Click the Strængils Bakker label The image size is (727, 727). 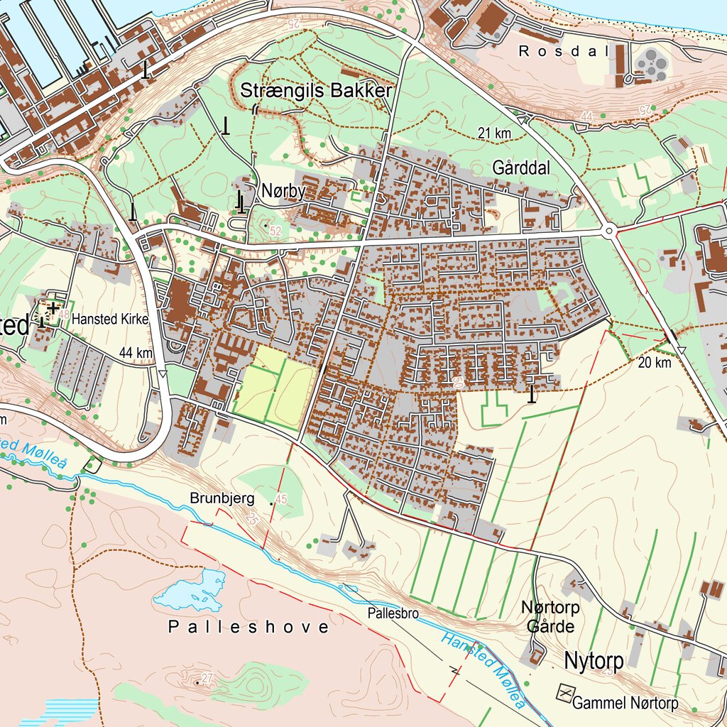(316, 91)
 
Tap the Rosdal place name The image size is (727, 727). (564, 51)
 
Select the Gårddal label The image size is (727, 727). (522, 168)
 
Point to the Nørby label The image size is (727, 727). (283, 191)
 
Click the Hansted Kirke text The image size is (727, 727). (110, 319)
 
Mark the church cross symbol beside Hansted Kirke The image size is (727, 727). (53, 307)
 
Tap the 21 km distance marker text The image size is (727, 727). (495, 133)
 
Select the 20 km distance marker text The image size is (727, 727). (654, 363)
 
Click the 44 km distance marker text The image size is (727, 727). (136, 353)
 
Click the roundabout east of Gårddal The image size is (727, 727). (608, 230)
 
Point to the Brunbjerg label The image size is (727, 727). (222, 499)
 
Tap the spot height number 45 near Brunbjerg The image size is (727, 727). (281, 501)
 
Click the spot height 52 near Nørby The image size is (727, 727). (275, 231)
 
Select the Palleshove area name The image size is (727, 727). (248, 627)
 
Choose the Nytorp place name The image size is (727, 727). (594, 661)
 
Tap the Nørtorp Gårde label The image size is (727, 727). (551, 617)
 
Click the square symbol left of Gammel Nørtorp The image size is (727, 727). (565, 692)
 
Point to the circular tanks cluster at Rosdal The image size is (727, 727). (651, 64)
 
